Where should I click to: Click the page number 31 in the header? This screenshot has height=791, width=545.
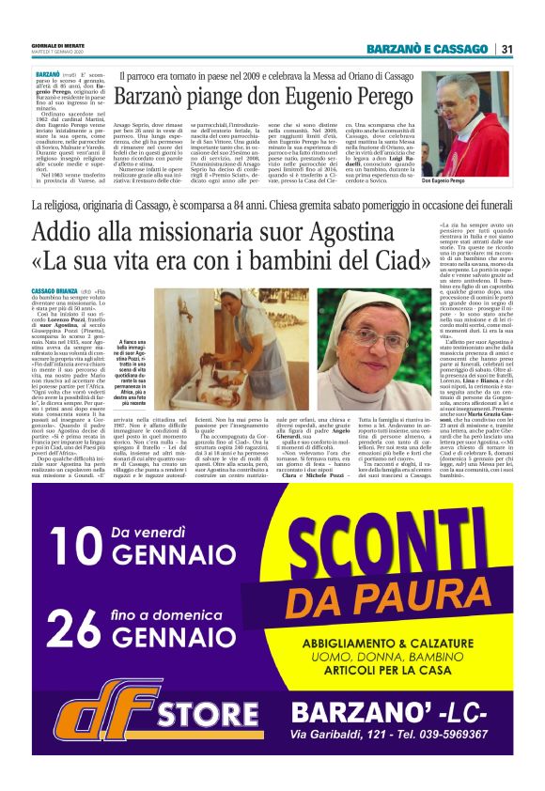506,49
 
